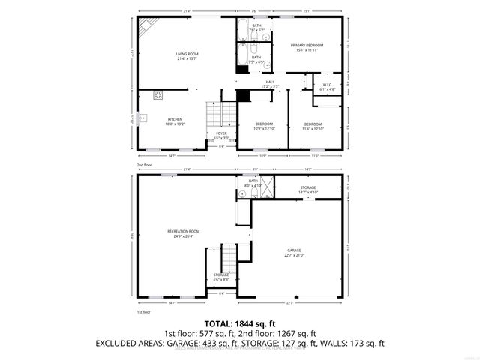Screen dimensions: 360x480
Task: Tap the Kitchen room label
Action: pos(175,121)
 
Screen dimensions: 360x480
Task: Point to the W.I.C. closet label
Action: pos(328,87)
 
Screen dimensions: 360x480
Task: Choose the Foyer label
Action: pos(221,135)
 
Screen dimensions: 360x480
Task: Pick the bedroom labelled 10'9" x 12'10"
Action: pos(263,126)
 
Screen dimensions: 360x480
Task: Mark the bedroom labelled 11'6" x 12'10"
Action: pos(313,126)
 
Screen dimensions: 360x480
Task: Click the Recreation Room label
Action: pos(183,233)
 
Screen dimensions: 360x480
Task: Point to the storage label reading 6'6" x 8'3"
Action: pos(221,277)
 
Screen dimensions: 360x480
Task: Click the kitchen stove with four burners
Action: pos(158,95)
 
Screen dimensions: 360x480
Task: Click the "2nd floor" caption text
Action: pos(143,164)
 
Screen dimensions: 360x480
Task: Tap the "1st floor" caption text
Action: pos(143,310)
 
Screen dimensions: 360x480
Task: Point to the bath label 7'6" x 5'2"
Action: pos(257,28)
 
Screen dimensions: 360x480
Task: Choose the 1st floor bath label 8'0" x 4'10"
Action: pos(253,183)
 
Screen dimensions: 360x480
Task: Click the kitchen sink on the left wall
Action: pos(142,118)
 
